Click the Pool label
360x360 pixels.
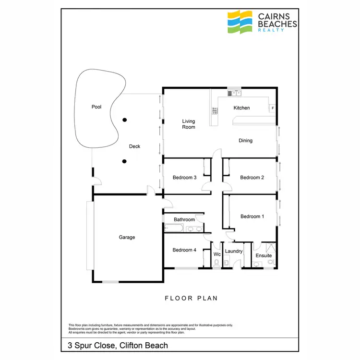[x=96, y=107]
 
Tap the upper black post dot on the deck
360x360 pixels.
[x=124, y=120]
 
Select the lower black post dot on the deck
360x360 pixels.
[x=124, y=161]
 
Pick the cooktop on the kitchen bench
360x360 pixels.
[x=215, y=111]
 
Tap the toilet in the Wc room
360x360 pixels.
[x=217, y=263]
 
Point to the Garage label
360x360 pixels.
[x=127, y=237]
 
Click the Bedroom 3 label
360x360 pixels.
[x=184, y=178]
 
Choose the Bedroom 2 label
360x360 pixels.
[x=252, y=178]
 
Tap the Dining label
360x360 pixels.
[x=246, y=141]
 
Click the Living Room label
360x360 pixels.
[x=188, y=124]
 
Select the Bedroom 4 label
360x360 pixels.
[x=184, y=250]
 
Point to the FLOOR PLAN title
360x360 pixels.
[x=191, y=298]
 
